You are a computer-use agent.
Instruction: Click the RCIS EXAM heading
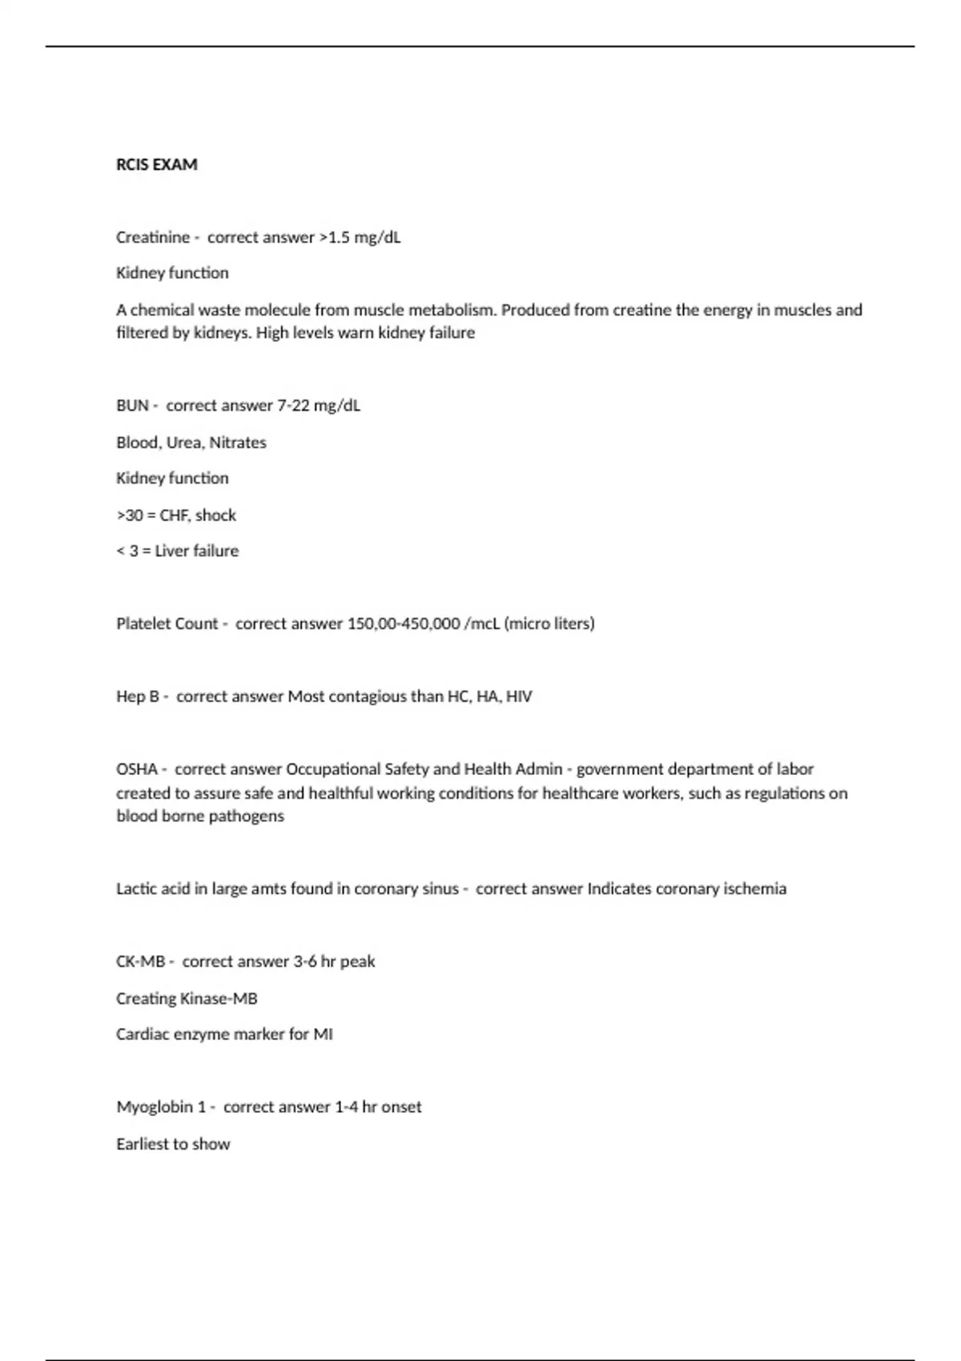coord(156,164)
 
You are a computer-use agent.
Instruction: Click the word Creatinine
coord(153,237)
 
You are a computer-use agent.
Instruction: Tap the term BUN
coord(132,405)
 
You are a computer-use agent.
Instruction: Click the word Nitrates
coord(238,442)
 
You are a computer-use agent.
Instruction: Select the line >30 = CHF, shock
coord(176,515)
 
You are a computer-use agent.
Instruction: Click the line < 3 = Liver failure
coord(177,551)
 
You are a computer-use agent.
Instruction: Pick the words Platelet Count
coord(167,624)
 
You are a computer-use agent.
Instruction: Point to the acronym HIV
coord(519,697)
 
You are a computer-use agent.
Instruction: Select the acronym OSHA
coord(137,769)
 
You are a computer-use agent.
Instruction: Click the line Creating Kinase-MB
coord(187,998)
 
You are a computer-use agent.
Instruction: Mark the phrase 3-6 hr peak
coord(334,962)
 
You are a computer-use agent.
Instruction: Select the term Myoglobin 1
coord(161,1107)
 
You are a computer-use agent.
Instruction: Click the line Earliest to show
coord(173,1144)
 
